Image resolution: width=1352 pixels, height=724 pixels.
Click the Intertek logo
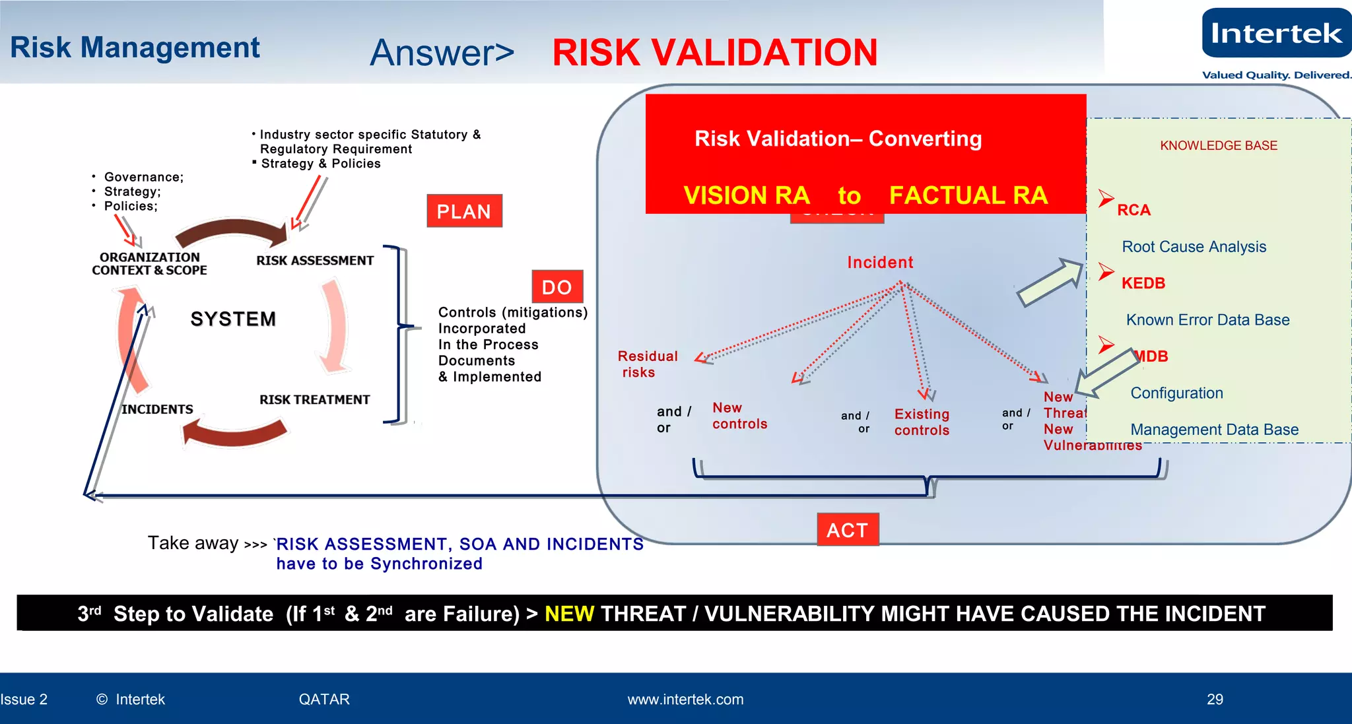click(x=1276, y=33)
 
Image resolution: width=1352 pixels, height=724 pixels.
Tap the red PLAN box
click(x=464, y=211)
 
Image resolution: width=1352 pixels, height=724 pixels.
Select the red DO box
click(x=557, y=287)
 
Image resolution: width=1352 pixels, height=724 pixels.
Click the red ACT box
click(x=848, y=530)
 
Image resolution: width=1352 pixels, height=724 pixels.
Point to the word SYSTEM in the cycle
click(x=233, y=319)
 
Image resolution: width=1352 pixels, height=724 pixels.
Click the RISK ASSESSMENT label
click(x=315, y=261)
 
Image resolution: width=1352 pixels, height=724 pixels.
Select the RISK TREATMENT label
click(x=314, y=400)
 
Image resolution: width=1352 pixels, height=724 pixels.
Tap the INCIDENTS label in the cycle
click(x=157, y=409)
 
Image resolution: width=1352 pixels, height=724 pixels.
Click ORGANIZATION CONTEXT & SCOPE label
click(x=149, y=264)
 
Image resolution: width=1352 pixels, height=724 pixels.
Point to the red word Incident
click(x=880, y=263)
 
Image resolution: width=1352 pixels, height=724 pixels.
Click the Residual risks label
click(x=647, y=364)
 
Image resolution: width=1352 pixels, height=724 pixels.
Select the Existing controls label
click(x=922, y=422)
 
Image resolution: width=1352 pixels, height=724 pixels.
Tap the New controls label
click(x=739, y=416)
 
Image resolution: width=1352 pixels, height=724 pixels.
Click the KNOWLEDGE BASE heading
click(x=1219, y=146)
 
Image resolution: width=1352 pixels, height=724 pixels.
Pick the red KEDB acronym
click(x=1143, y=283)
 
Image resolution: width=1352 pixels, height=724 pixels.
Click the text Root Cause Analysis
click(x=1194, y=247)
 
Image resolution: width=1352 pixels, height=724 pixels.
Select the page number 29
click(x=1215, y=700)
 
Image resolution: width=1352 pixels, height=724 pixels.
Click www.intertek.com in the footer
click(x=685, y=700)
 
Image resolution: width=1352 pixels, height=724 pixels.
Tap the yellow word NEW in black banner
click(x=569, y=614)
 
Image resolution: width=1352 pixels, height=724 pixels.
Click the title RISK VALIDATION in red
click(x=714, y=53)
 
